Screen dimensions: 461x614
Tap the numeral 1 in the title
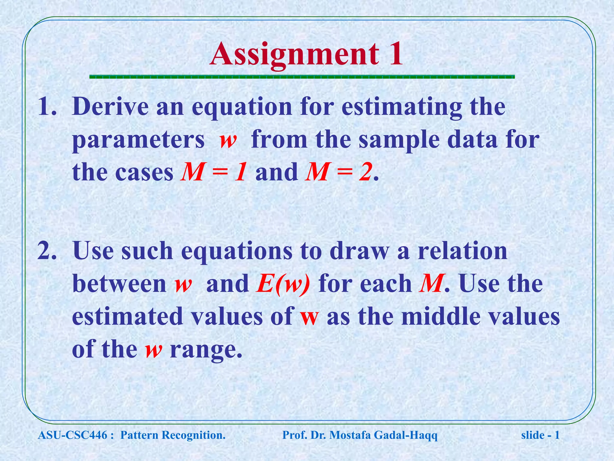pos(395,54)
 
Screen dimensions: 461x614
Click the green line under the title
pos(302,77)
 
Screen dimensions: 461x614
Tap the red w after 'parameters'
pos(228,140)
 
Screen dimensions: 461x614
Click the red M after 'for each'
pos(431,284)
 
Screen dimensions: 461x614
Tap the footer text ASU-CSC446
pos(72,435)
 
